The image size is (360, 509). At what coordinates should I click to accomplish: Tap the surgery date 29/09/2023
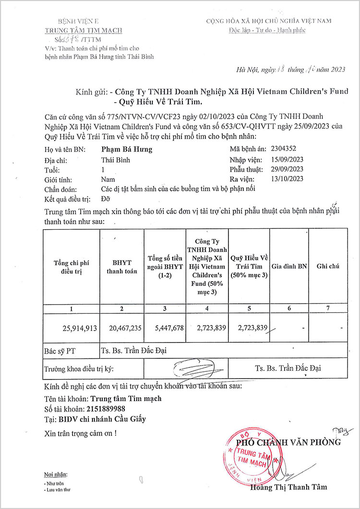tap(287, 169)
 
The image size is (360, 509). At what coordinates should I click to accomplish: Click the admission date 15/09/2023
tap(287, 159)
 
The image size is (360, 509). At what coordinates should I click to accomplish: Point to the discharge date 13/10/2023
tap(287, 179)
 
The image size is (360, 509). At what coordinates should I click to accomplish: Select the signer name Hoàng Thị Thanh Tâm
tap(288, 487)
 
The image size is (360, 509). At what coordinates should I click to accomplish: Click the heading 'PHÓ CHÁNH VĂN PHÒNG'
tap(288, 442)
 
